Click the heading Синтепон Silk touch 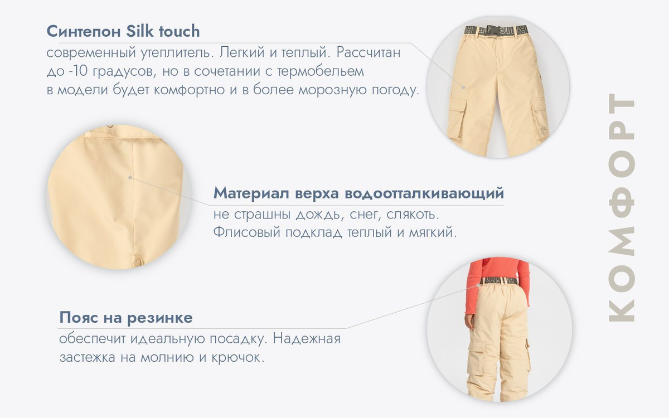pyautogui.click(x=123, y=31)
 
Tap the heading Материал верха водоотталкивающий pyautogui.click(x=358, y=193)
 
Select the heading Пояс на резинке pyautogui.click(x=126, y=317)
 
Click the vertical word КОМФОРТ pyautogui.click(x=621, y=207)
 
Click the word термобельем pyautogui.click(x=321, y=72)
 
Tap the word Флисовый pyautogui.click(x=246, y=232)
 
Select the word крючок pyautogui.click(x=237, y=357)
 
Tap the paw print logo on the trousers pyautogui.click(x=544, y=131)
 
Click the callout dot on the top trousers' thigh pyautogui.click(x=463, y=88)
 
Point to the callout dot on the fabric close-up pyautogui.click(x=130, y=177)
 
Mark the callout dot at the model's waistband pyautogui.click(x=478, y=285)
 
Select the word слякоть pyautogui.click(x=413, y=215)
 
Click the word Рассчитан pyautogui.click(x=369, y=52)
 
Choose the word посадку pyautogui.click(x=238, y=339)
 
